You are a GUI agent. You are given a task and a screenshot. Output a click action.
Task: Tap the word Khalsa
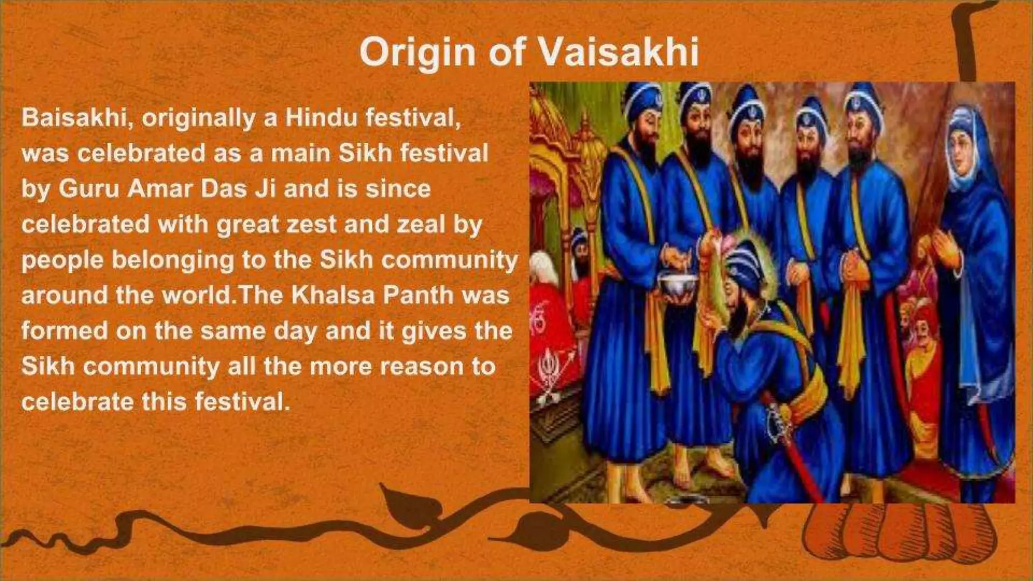pyautogui.click(x=332, y=295)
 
